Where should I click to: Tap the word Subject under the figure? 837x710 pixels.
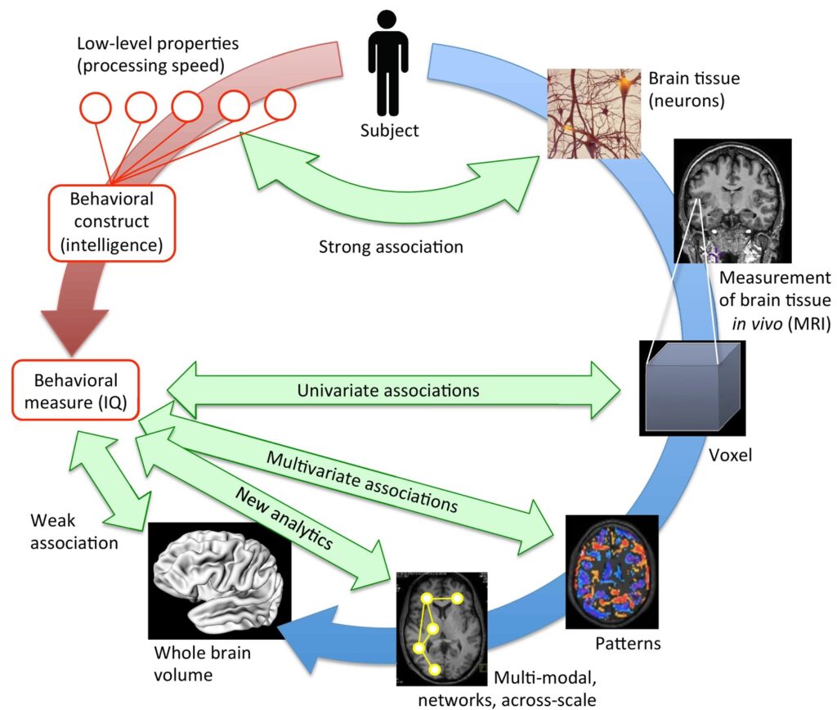389,130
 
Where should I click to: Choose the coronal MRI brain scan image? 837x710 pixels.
732,200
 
